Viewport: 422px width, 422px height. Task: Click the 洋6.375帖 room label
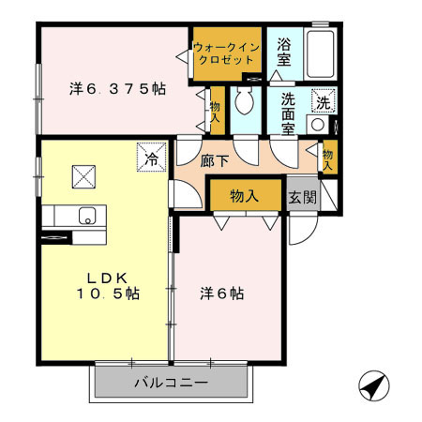point(117,90)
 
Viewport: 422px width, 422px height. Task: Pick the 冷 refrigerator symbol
point(151,158)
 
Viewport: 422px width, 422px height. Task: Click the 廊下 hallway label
point(214,160)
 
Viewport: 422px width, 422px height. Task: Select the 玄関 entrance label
point(301,197)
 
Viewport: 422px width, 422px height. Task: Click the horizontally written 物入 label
point(245,196)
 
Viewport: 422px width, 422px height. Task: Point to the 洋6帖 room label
point(223,294)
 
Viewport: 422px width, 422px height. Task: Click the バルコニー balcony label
point(170,383)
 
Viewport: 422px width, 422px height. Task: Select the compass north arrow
point(372,384)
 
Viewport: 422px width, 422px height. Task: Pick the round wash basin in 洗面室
point(319,124)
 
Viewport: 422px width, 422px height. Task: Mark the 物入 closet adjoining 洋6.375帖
point(216,112)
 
